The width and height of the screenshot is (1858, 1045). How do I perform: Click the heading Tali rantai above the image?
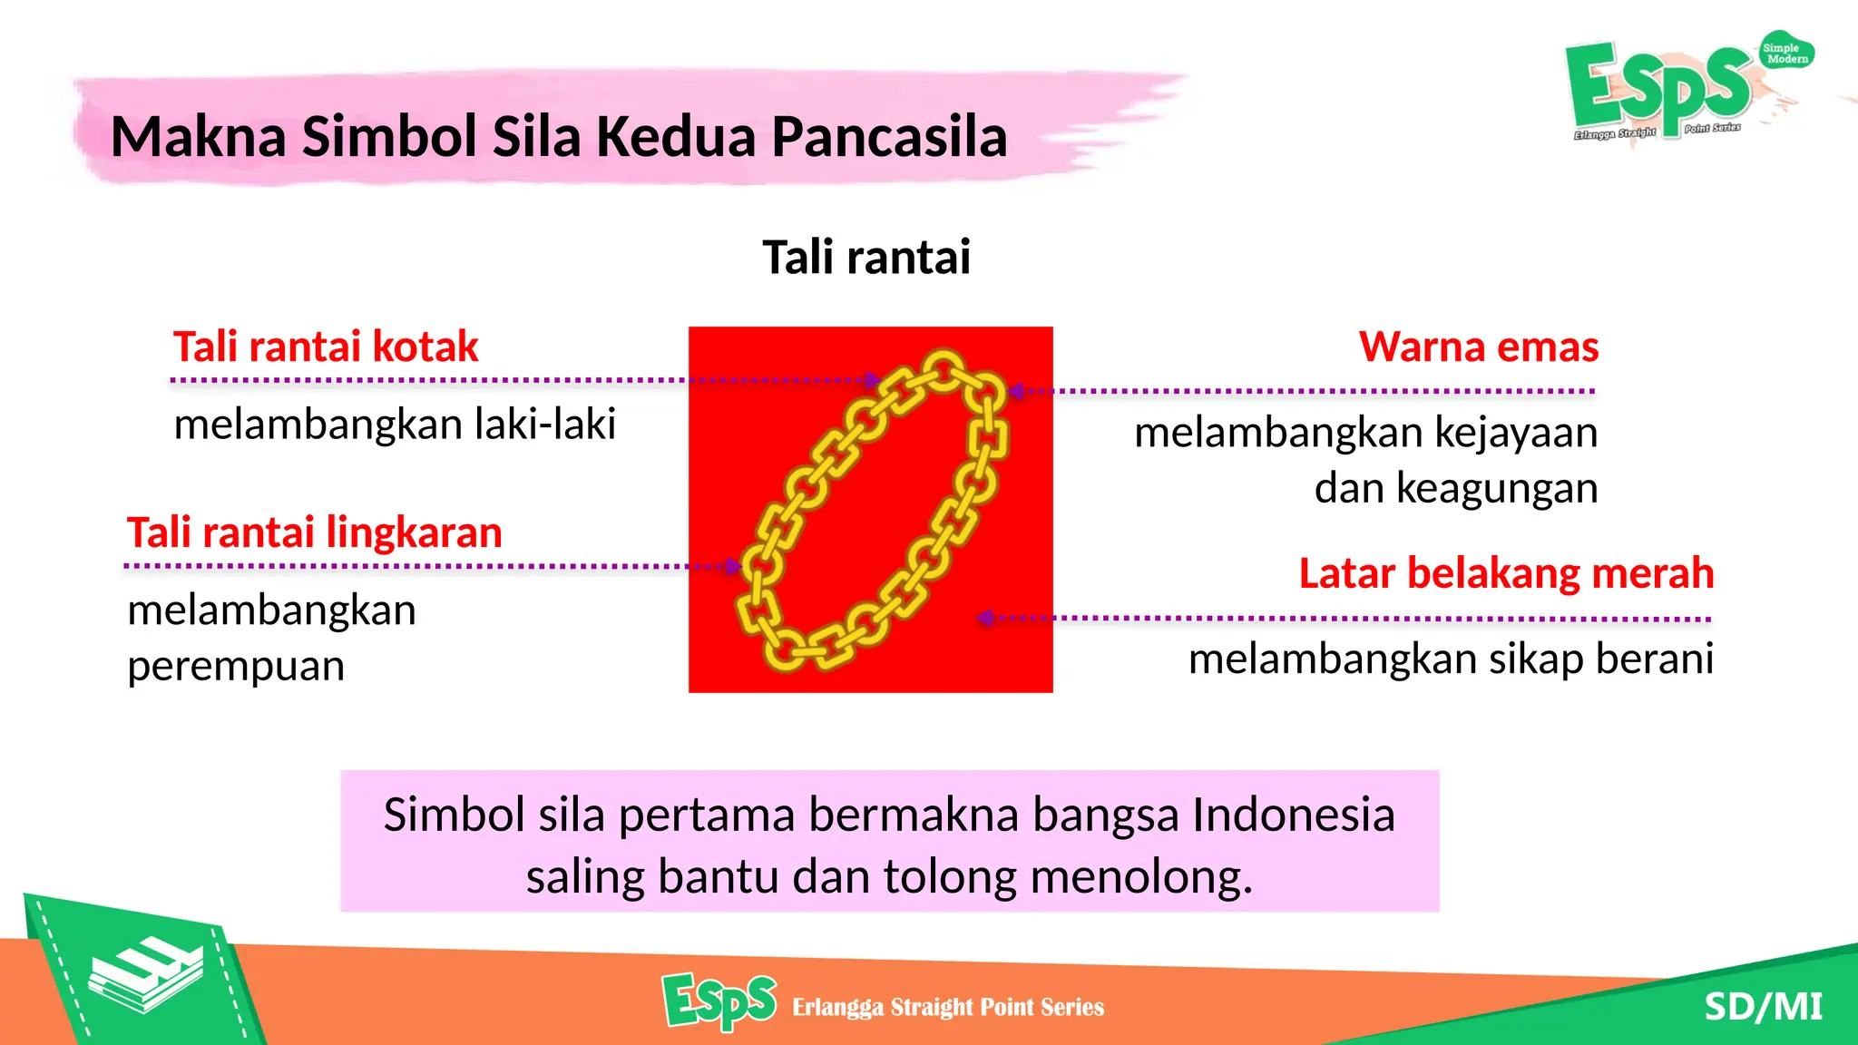[x=866, y=257]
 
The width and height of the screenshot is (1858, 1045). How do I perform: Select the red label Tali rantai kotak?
[x=326, y=347]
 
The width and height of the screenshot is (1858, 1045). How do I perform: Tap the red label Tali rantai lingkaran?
[x=314, y=532]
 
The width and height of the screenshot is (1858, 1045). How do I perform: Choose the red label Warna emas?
[x=1478, y=347]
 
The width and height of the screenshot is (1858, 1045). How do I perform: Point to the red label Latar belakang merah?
[x=1506, y=574]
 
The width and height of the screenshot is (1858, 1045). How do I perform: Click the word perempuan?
[x=236, y=666]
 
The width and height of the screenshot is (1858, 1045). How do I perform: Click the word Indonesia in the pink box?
[x=1293, y=815]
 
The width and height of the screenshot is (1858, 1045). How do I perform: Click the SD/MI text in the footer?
[x=1763, y=1007]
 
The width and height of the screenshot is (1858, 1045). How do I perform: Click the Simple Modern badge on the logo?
[x=1785, y=54]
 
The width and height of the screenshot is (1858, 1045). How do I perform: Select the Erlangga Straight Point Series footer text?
[x=947, y=1007]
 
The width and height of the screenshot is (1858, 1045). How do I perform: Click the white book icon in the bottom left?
[x=145, y=975]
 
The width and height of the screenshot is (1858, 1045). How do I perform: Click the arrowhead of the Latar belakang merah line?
[x=983, y=619]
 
